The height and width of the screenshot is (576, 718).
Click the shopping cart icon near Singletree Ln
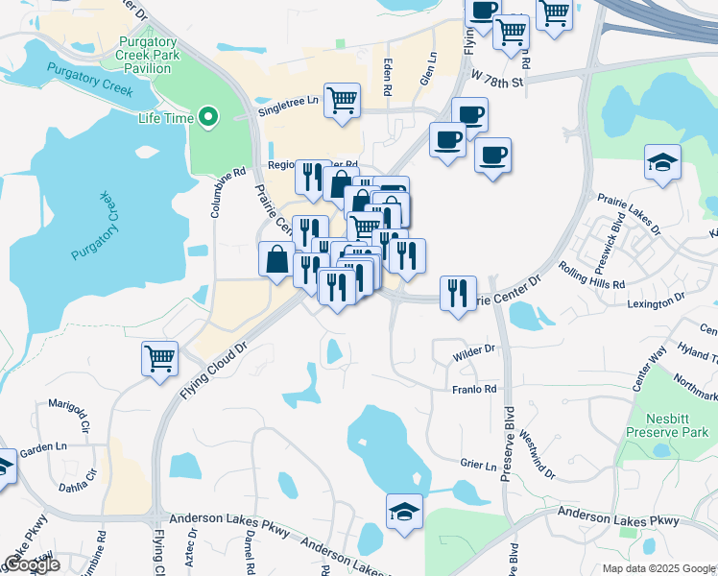342,101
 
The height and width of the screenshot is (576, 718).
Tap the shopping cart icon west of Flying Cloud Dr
159,359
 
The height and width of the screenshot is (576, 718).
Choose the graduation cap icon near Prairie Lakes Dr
662,161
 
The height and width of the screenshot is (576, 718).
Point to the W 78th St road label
496,83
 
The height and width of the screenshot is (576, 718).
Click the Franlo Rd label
474,389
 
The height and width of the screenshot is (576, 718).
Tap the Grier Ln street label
478,464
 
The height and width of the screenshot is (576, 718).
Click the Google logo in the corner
32,564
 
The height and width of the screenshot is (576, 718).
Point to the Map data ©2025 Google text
658,568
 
